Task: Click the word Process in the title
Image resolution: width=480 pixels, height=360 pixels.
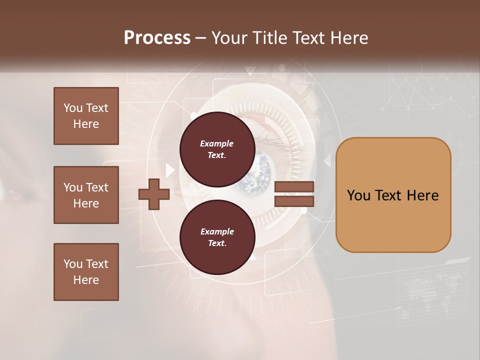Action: click(x=157, y=38)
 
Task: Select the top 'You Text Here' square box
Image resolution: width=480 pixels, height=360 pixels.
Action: click(x=86, y=116)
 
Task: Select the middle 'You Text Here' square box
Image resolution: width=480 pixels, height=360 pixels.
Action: click(x=86, y=195)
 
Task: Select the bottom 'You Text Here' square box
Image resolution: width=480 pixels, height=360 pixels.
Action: click(x=86, y=272)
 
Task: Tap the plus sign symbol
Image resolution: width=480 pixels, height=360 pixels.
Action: click(x=153, y=193)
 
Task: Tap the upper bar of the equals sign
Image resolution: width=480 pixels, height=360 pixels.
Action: click(x=294, y=187)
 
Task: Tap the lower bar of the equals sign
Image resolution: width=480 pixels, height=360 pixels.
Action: click(x=294, y=201)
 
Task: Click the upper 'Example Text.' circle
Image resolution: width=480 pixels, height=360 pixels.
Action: click(x=216, y=149)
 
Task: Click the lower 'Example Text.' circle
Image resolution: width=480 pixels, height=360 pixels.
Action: click(x=216, y=237)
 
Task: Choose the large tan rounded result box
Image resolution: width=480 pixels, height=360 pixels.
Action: click(x=393, y=194)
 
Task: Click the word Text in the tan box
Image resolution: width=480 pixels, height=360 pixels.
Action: click(x=390, y=195)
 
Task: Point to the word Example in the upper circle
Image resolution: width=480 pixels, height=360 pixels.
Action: click(x=216, y=143)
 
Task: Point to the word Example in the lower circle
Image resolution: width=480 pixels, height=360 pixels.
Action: click(x=216, y=231)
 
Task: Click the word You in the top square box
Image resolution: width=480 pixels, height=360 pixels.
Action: click(x=72, y=108)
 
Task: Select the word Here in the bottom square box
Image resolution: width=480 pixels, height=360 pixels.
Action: click(x=86, y=280)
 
